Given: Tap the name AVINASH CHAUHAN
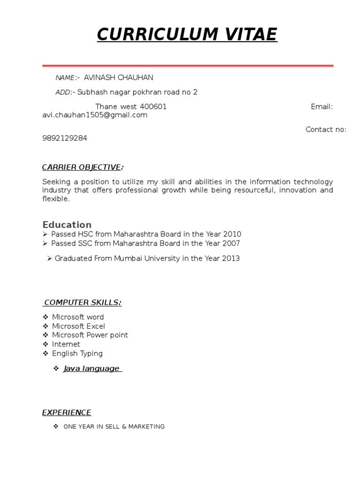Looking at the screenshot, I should (118, 77).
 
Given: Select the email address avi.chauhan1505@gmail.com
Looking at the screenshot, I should (95, 115).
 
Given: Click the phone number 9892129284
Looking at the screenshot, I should (65, 138).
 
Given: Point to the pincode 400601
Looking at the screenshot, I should (153, 106).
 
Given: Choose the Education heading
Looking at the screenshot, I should (67, 225).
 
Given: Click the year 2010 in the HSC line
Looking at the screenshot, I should (232, 234).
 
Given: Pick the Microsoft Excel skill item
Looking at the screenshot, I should (78, 326).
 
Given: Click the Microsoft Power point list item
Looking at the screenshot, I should (90, 335).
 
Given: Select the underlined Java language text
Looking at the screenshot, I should (91, 368).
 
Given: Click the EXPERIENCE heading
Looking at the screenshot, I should (67, 412).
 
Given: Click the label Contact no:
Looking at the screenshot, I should (326, 129).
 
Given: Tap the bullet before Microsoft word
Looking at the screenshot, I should (45, 317).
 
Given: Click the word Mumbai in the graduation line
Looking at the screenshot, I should (126, 258).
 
